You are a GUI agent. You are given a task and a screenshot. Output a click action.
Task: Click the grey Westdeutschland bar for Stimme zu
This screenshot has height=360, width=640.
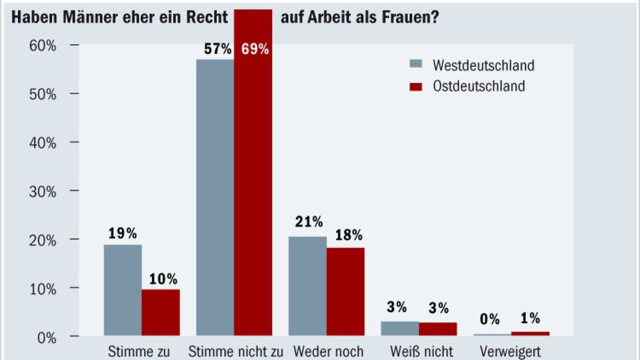[123, 291]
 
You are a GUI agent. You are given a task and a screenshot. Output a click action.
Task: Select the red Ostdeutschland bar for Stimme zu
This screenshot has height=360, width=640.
[161, 313]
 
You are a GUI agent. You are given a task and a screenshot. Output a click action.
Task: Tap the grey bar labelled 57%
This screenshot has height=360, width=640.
[215, 197]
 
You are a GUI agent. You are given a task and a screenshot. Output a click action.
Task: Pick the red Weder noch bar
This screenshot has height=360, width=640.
[346, 292]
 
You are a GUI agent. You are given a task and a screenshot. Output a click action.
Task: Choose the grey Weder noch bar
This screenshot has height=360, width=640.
[308, 286]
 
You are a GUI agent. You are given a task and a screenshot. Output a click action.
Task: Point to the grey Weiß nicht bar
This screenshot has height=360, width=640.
[399, 329]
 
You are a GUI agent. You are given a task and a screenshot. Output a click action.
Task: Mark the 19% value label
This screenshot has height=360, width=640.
[123, 234]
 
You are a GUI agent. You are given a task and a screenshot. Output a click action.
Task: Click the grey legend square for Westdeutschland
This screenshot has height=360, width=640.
[416, 64]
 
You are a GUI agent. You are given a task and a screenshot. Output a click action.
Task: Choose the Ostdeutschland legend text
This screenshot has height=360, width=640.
[478, 86]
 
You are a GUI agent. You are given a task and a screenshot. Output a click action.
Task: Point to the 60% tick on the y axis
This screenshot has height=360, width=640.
[43, 45]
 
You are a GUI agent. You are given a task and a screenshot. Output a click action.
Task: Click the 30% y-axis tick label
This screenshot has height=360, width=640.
[43, 191]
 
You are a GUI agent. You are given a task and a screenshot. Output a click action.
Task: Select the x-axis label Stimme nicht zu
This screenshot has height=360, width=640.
[235, 352]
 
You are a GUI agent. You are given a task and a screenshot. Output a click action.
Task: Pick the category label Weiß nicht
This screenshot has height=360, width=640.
[421, 352]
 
